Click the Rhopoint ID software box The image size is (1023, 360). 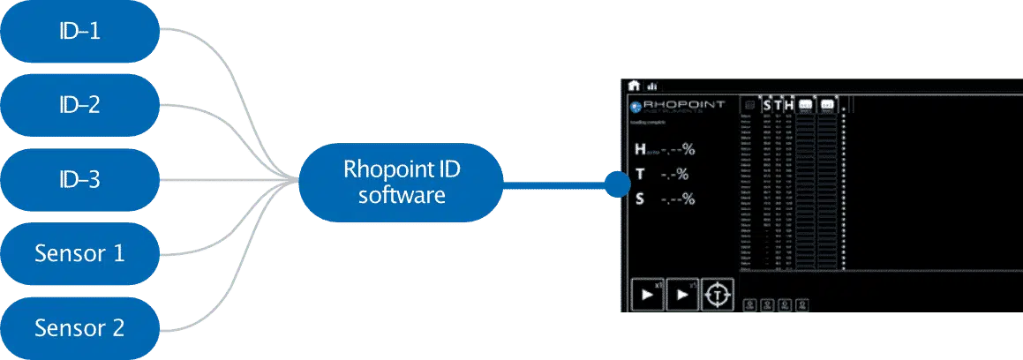click(x=402, y=183)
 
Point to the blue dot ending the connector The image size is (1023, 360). click(x=616, y=184)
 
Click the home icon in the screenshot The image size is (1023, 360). click(x=634, y=86)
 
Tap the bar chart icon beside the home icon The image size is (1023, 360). click(x=652, y=86)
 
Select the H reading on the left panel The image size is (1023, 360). click(x=665, y=149)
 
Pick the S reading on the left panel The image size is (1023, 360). click(x=664, y=199)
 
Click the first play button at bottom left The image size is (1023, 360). click(x=649, y=295)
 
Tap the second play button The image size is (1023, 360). click(x=682, y=295)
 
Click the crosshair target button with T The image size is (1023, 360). click(x=717, y=295)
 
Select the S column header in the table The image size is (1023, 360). click(x=766, y=105)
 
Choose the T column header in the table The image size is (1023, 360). click(x=778, y=105)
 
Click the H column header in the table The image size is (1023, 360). click(x=789, y=105)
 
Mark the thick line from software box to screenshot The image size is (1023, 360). click(x=556, y=184)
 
